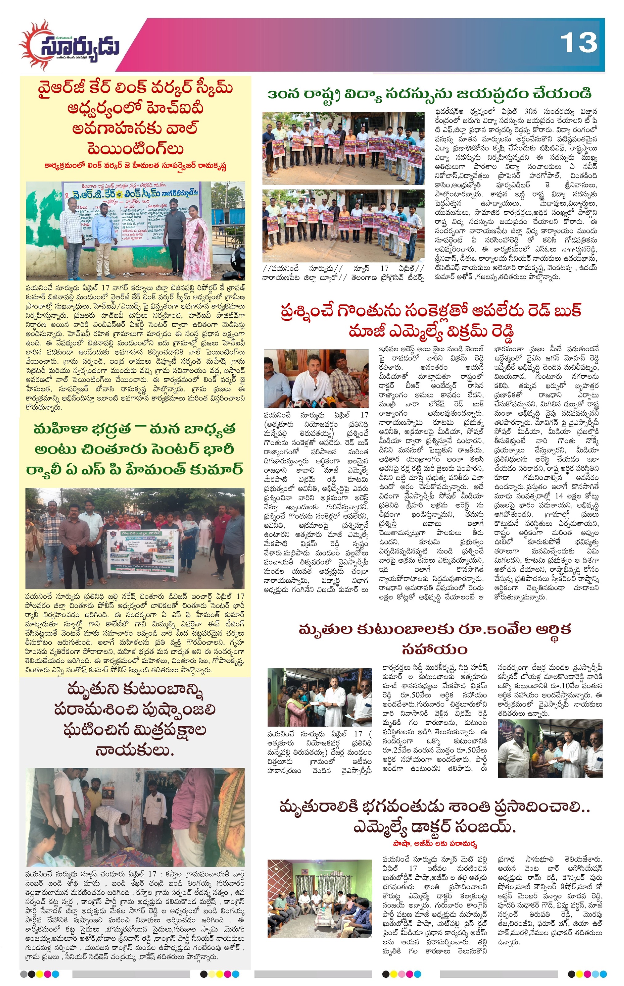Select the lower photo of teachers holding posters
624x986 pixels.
click(x=343, y=225)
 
